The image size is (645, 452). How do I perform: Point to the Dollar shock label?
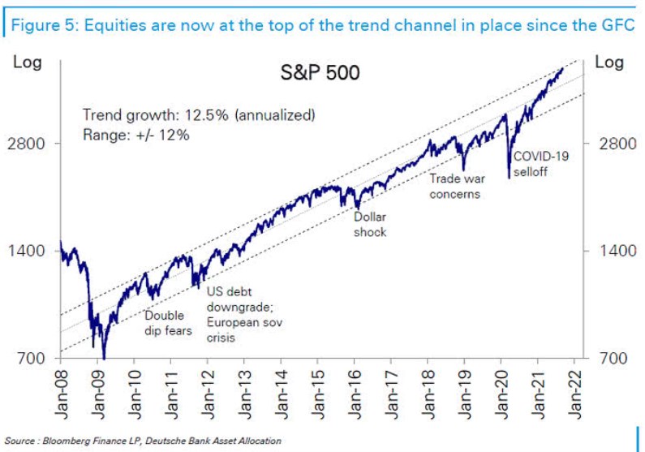tap(370, 225)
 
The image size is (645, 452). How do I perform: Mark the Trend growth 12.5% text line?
tap(198, 114)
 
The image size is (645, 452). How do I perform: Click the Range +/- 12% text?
tap(136, 135)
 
